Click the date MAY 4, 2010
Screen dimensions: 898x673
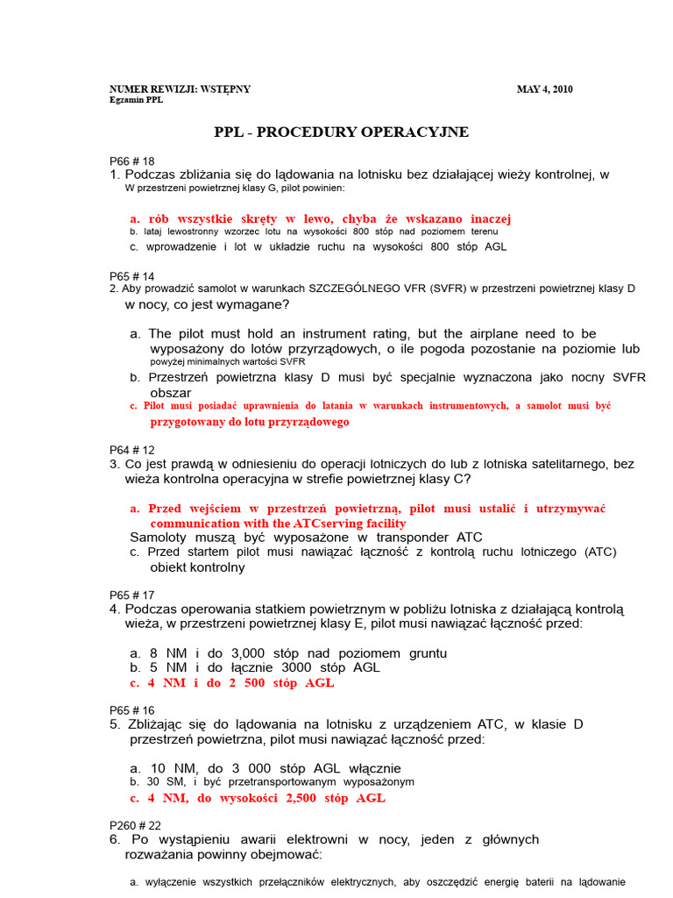coord(544,89)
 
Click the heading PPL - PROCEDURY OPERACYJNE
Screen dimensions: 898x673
coord(342,132)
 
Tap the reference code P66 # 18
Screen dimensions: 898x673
coord(131,161)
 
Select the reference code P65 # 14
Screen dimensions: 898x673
coord(131,276)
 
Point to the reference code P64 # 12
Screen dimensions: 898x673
coord(131,450)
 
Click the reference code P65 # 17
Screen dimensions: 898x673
coord(131,595)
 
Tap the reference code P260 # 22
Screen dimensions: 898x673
coord(135,825)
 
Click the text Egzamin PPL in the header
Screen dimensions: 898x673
coord(136,100)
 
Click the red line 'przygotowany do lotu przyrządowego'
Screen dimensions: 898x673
coord(249,422)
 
